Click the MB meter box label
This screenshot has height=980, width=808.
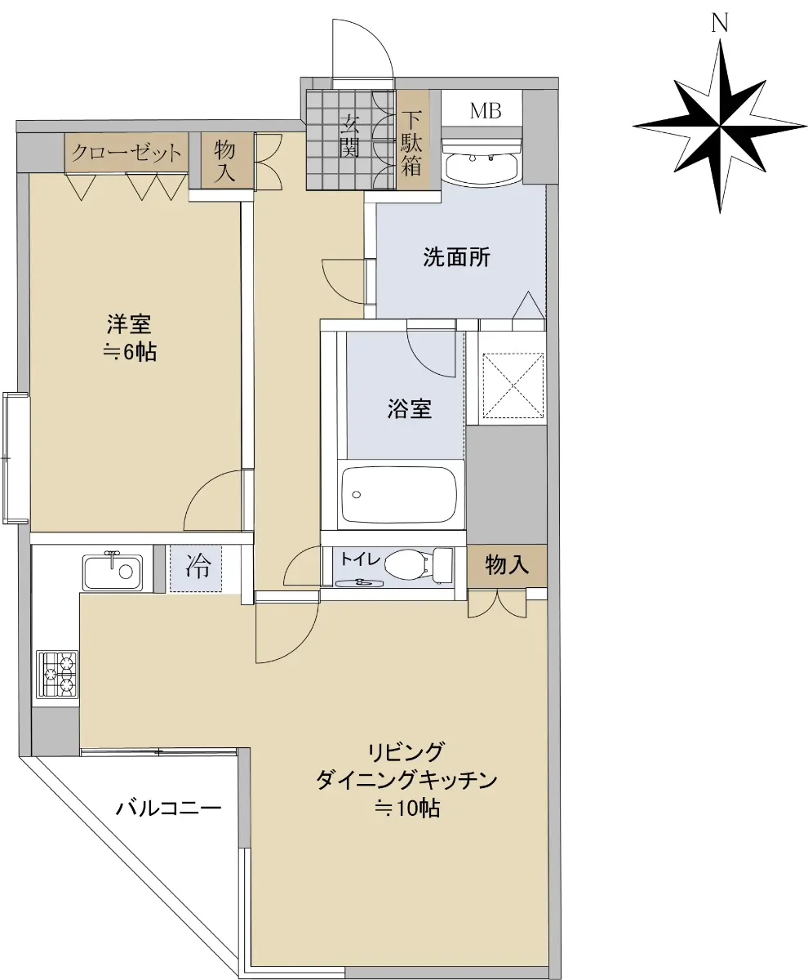point(485,111)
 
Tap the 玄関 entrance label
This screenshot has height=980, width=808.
point(349,136)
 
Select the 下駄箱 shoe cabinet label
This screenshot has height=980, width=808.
point(411,143)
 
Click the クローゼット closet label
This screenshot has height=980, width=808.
point(127,153)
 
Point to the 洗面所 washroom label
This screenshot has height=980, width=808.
point(456,256)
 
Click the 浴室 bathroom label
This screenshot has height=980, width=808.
point(409,408)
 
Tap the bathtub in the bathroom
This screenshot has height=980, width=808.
point(399,494)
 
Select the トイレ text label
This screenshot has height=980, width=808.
point(360,559)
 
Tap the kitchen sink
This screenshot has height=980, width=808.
point(113,572)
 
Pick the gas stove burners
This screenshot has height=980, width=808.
point(57,675)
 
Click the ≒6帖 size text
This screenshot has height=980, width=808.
point(130,351)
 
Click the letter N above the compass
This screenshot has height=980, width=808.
point(719,23)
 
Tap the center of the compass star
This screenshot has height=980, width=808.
point(719,126)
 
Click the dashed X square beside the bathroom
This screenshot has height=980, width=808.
point(513,385)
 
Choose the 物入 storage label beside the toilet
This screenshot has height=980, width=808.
point(507,564)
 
